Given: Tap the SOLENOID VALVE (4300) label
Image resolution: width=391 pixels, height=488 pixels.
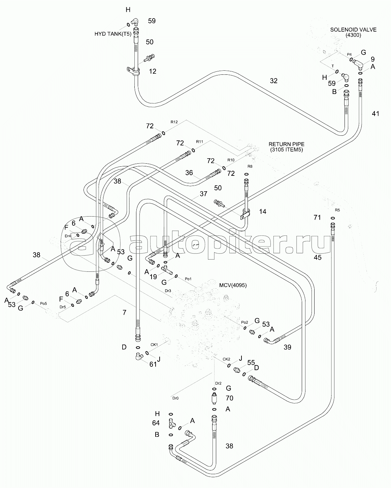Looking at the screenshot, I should pyautogui.click(x=353, y=32).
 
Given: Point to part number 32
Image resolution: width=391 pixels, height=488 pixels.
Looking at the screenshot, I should pyautogui.click(x=273, y=80).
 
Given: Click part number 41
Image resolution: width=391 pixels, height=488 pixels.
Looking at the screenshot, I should pyautogui.click(x=375, y=113).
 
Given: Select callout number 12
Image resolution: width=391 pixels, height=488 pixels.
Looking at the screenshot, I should pyautogui.click(x=153, y=71).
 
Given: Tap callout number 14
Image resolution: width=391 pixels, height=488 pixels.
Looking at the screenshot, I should pyautogui.click(x=262, y=212).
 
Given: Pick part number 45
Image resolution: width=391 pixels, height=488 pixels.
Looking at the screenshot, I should pyautogui.click(x=317, y=258).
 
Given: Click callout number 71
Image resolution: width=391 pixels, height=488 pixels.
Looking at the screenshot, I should pyautogui.click(x=317, y=217).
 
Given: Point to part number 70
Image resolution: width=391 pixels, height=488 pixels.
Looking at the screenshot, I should pyautogui.click(x=229, y=398).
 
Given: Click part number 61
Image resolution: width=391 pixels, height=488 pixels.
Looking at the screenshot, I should pyautogui.click(x=153, y=364).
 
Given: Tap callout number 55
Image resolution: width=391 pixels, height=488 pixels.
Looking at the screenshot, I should pyautogui.click(x=251, y=362).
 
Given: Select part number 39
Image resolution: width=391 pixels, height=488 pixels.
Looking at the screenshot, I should pyautogui.click(x=287, y=347).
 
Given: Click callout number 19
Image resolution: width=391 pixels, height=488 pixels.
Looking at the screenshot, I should pyautogui.click(x=153, y=277).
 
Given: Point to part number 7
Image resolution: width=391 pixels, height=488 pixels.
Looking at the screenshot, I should pyautogui.click(x=124, y=313).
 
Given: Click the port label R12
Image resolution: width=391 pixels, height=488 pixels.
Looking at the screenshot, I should pyautogui.click(x=174, y=122).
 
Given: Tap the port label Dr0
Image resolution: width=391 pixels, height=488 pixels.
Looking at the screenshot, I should pyautogui.click(x=175, y=398).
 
